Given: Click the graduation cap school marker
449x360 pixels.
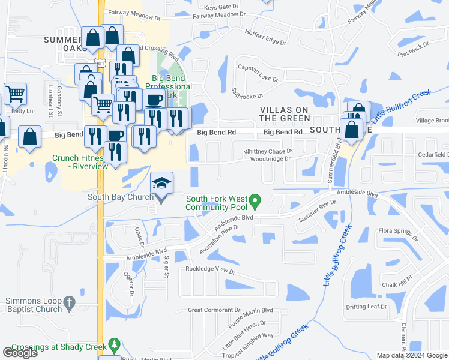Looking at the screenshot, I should pyautogui.click(x=161, y=182).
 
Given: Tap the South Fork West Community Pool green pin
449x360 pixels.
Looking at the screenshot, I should pyautogui.click(x=255, y=200).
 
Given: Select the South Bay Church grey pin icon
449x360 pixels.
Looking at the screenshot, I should pyautogui.click(x=161, y=200).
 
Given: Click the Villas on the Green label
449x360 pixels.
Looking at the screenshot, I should pyautogui.click(x=284, y=113).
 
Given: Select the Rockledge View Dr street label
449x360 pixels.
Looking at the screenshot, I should pyautogui.click(x=210, y=271).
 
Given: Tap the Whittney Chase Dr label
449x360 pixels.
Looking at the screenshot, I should pyautogui.click(x=268, y=151).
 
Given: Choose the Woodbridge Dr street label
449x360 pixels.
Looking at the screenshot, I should pyautogui.click(x=270, y=159).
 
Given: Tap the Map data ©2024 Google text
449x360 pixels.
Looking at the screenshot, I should pyautogui.click(x=411, y=355).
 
